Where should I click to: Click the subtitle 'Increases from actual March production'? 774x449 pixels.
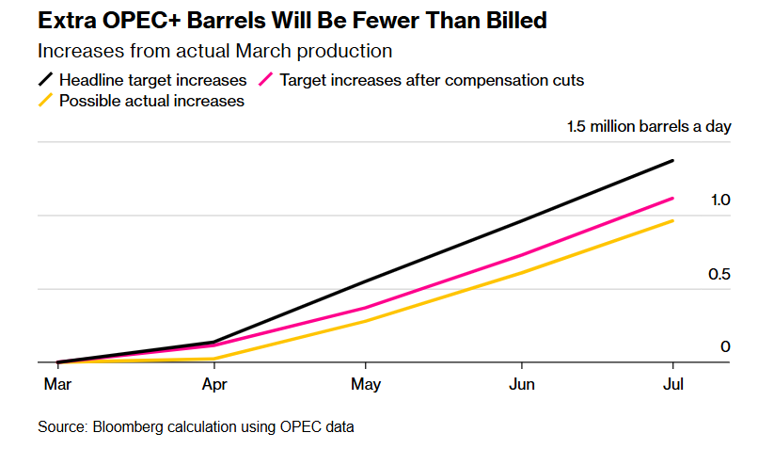[215, 51]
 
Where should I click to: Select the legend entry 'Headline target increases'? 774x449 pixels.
[152, 80]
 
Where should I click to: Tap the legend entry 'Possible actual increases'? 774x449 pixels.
[151, 101]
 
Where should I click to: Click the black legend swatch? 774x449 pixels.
[46, 80]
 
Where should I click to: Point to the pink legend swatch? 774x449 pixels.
[265, 80]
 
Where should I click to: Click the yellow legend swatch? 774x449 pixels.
[46, 101]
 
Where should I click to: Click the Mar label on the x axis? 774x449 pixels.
[57, 384]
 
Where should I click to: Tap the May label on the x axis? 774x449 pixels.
[366, 384]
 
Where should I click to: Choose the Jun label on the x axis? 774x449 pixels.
[520, 384]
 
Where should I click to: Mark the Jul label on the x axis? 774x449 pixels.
[673, 384]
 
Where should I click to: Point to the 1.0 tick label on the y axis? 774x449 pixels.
[720, 200]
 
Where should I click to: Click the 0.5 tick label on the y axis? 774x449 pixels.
[720, 274]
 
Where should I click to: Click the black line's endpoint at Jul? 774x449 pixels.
[673, 161]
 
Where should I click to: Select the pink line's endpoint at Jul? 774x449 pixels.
[673, 198]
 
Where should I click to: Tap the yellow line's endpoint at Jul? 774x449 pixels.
[673, 220]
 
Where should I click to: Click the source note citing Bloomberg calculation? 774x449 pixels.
[196, 427]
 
